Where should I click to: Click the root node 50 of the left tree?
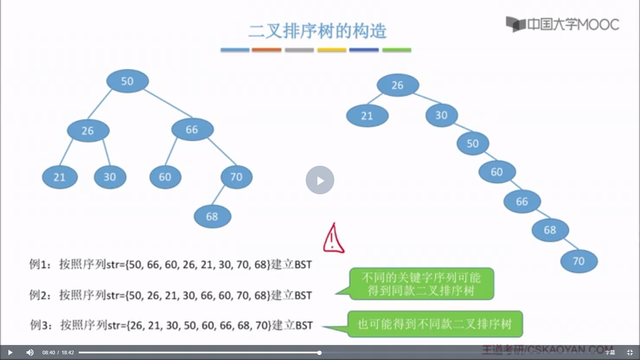tap(127, 81)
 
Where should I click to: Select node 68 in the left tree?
tap(212, 217)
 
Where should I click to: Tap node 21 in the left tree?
tap(60, 177)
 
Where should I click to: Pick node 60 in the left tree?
tap(165, 177)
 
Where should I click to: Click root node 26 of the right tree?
tap(398, 85)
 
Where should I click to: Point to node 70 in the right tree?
tap(579, 261)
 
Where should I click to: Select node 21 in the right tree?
tap(367, 116)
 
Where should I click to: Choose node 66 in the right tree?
tap(522, 202)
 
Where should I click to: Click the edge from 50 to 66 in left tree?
tap(168, 103)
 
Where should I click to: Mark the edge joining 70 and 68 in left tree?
tap(218, 195)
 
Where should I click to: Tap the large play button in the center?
tap(320, 180)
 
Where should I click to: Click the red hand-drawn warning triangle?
tap(333, 239)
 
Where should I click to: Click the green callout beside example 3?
tap(435, 324)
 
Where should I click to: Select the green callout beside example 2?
tap(422, 284)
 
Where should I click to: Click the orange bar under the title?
tap(267, 50)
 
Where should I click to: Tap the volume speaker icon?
tap(30, 352)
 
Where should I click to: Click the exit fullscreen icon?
tap(630, 352)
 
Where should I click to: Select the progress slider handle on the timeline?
tap(319, 353)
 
